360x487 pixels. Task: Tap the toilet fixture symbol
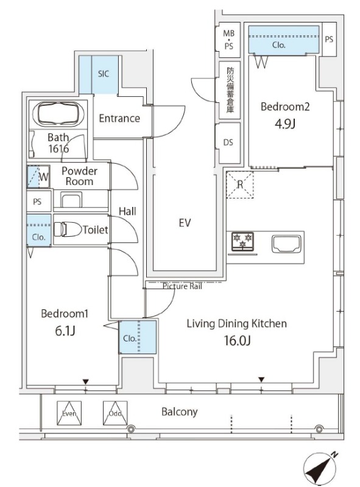(x=68, y=229)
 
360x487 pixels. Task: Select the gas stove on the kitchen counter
(x=242, y=241)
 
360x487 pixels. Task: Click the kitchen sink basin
(x=286, y=244)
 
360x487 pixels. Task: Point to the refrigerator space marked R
(x=239, y=184)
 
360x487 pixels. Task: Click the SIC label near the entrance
(x=104, y=74)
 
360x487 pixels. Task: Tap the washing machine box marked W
(x=38, y=177)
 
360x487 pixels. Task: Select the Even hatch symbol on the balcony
(x=69, y=413)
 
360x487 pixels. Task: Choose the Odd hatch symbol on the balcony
(x=115, y=413)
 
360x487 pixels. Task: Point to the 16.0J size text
(x=237, y=341)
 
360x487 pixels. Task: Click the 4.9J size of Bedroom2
(x=284, y=124)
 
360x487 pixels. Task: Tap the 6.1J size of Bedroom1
(x=65, y=331)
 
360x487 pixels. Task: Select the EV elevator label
(x=185, y=223)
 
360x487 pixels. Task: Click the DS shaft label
(x=228, y=142)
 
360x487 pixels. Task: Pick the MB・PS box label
(x=229, y=40)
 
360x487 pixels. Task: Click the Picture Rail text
(x=182, y=286)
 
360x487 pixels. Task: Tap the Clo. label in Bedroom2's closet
(x=279, y=45)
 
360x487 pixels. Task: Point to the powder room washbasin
(x=71, y=200)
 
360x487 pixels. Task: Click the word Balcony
(x=179, y=412)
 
